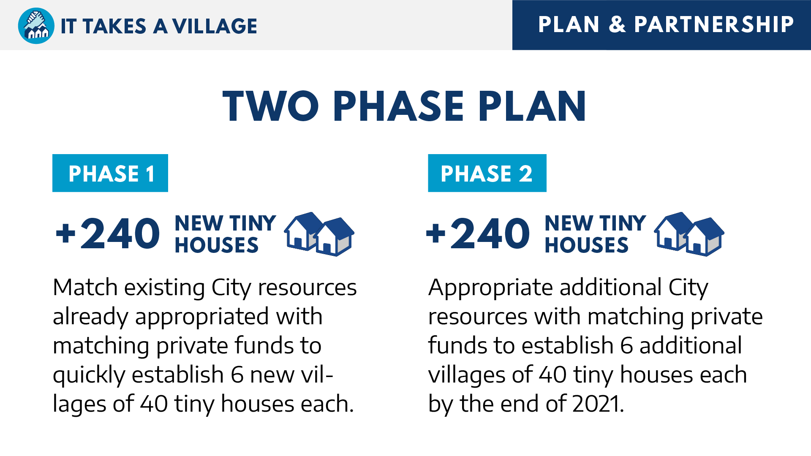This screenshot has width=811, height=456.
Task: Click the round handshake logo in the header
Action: click(36, 26)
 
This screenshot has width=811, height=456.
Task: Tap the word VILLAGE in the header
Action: click(215, 26)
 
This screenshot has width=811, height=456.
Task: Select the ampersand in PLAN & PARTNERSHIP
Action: click(617, 24)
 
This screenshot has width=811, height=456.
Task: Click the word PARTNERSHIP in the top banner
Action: click(714, 24)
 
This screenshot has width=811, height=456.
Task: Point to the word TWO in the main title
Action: click(271, 106)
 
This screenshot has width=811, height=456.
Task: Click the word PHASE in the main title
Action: click(398, 106)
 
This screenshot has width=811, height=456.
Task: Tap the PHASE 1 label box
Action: click(110, 173)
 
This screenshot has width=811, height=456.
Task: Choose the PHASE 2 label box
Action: click(487, 173)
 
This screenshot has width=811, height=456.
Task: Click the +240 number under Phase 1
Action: click(108, 233)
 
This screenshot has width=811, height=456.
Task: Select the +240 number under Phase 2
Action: click(478, 233)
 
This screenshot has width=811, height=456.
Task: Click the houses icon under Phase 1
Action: click(319, 234)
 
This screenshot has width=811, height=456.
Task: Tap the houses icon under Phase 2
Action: click(689, 234)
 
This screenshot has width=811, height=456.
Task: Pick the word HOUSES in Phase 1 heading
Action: click(217, 245)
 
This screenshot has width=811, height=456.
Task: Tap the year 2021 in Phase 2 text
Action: click(598, 404)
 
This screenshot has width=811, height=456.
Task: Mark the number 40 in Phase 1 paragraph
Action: click(154, 404)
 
